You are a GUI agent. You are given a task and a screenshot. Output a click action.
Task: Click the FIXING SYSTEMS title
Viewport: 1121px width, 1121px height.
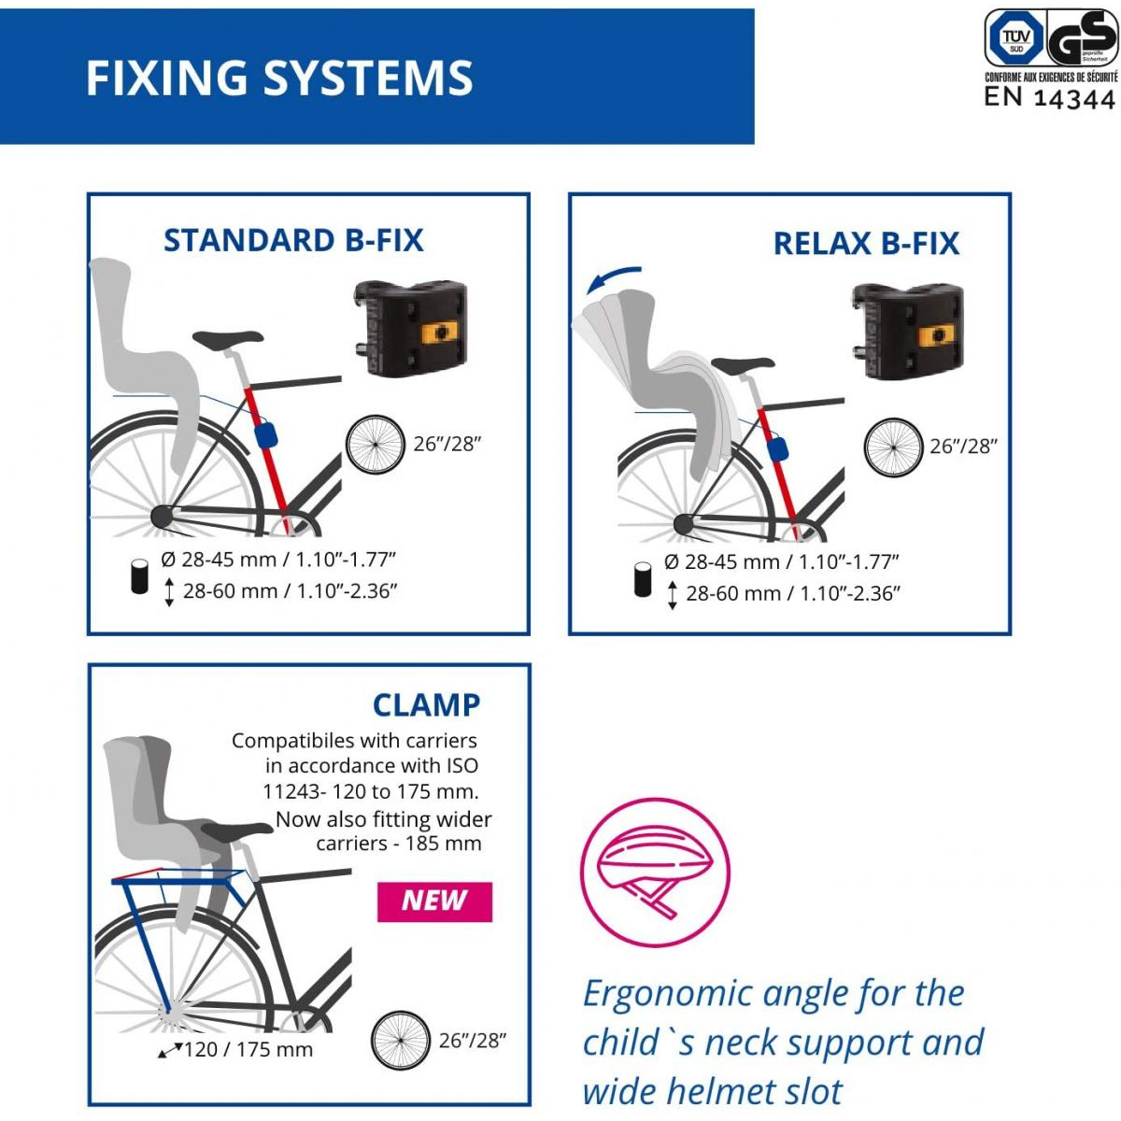279,78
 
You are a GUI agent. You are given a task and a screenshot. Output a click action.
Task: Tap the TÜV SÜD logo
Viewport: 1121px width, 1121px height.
1015,38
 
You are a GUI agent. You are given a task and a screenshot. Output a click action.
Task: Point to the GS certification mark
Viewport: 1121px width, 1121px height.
1082,39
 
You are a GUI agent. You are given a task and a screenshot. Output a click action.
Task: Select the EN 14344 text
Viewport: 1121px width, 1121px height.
1050,97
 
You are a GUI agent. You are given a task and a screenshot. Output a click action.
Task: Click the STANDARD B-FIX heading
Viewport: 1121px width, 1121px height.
293,240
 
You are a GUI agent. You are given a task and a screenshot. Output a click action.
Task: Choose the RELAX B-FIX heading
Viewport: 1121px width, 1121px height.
866,244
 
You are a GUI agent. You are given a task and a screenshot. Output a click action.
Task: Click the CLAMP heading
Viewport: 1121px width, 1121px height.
426,704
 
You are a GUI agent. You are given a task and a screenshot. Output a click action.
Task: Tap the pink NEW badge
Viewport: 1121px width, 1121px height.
434,901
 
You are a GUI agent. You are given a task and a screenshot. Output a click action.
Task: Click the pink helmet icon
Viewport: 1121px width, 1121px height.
655,873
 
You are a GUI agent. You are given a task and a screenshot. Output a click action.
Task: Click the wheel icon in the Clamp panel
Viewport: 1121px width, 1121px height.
400,1041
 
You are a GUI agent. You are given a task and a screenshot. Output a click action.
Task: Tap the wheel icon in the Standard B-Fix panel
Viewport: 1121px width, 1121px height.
376,445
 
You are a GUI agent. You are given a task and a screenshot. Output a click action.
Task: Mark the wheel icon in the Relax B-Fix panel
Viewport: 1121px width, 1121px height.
893,447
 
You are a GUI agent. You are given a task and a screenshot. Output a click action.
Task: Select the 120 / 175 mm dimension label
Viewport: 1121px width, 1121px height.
248,1049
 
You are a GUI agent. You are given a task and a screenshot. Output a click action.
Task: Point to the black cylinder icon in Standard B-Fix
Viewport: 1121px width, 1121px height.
140,575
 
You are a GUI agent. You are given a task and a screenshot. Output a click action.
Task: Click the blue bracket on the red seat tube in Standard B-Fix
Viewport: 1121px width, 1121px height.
266,435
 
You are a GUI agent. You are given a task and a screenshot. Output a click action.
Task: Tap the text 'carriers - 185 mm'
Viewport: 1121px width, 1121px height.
399,844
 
